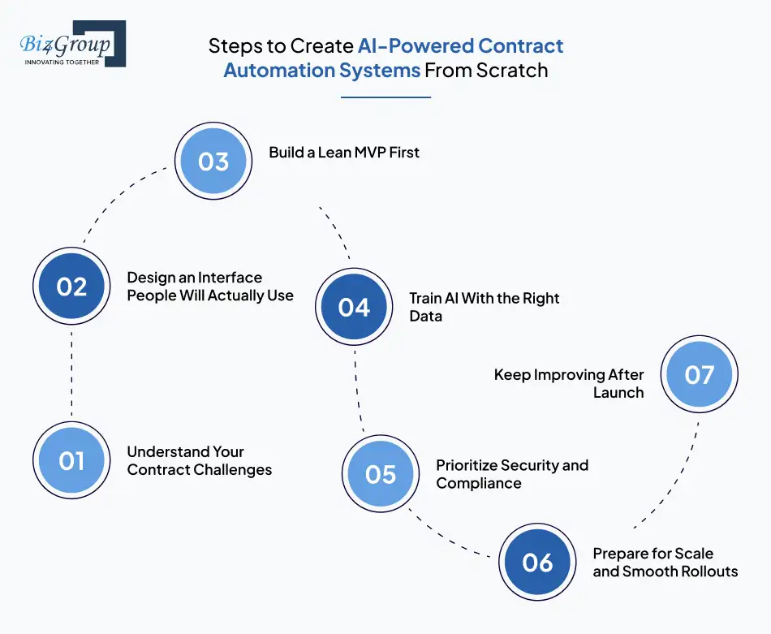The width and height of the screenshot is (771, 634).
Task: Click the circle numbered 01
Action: click(71, 460)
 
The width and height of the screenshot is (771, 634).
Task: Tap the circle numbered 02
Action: click(71, 287)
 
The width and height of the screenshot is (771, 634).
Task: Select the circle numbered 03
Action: click(213, 161)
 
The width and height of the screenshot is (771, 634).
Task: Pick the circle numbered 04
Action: click(354, 308)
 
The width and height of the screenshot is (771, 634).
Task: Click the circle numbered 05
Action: click(381, 474)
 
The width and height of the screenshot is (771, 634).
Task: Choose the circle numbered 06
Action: click(537, 563)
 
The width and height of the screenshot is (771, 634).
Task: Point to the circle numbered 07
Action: click(699, 374)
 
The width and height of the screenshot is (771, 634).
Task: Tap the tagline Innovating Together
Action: click(62, 62)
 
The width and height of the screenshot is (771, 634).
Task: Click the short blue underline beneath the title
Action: click(385, 97)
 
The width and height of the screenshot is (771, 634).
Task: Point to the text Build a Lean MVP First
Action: click(344, 152)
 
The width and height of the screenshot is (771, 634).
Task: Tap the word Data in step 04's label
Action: click(425, 316)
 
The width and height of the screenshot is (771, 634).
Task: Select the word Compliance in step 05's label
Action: click(479, 483)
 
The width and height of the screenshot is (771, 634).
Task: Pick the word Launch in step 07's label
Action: click(618, 393)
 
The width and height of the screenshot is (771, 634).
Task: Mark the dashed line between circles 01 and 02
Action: click(71, 373)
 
